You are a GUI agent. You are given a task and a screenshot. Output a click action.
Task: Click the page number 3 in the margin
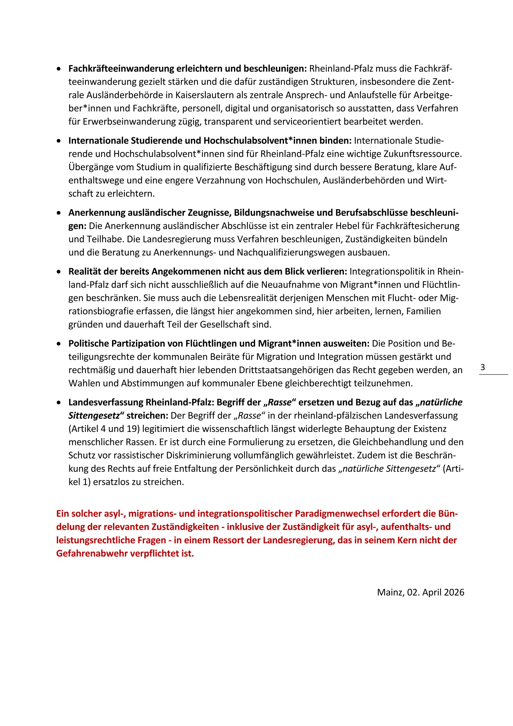[482, 367]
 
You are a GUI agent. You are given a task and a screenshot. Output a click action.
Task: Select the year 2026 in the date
[454, 592]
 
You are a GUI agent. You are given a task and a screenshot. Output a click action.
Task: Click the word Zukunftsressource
[423, 154]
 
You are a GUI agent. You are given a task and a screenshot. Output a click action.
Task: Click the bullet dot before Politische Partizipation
[58, 344]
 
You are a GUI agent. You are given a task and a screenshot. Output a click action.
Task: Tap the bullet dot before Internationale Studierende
[58, 141]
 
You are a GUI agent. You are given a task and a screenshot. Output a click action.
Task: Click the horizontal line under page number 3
[493, 375]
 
